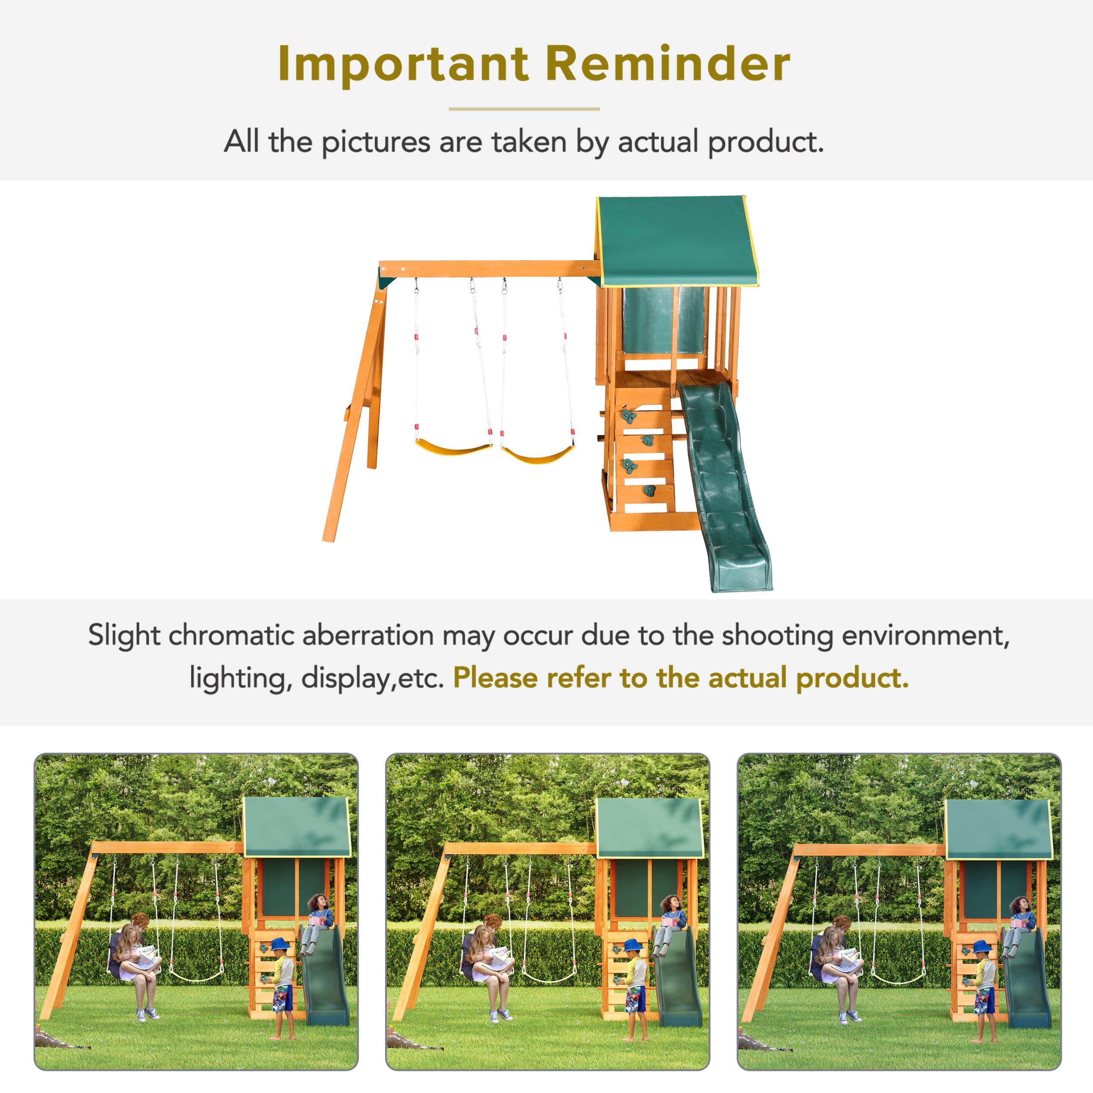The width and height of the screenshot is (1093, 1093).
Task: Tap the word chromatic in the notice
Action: (232, 635)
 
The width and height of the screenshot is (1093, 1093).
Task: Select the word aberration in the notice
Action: (368, 635)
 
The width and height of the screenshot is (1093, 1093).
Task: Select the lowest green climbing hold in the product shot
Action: (649, 491)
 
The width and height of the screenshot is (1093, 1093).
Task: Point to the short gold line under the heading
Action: (524, 108)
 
